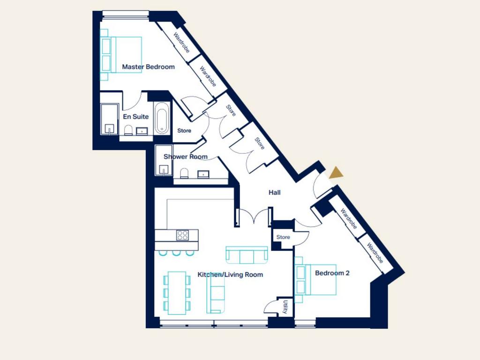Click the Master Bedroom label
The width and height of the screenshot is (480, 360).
[148, 67]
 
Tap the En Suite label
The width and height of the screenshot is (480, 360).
[135, 117]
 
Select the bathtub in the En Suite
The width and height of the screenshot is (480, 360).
[161, 118]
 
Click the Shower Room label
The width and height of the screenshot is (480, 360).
[186, 157]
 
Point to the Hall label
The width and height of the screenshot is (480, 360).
[274, 193]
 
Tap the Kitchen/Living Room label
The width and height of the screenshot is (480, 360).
[230, 275]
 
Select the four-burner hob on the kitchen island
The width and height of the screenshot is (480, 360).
[182, 235]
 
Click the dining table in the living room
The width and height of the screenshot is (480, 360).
[177, 293]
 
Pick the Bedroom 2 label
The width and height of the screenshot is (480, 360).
[332, 273]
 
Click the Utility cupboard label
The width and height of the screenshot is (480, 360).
[285, 307]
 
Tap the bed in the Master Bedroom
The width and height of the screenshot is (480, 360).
[121, 55]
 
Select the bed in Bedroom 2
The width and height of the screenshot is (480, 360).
[315, 280]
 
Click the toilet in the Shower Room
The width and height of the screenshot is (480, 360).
[184, 173]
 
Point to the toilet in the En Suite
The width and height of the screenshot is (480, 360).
[128, 130]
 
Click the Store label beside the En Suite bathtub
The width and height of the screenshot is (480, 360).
[184, 131]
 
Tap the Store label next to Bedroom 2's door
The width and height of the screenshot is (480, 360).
[283, 237]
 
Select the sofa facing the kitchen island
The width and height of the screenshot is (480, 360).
[247, 255]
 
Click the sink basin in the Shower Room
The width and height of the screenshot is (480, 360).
[203, 174]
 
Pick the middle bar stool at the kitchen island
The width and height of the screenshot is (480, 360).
[176, 253]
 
